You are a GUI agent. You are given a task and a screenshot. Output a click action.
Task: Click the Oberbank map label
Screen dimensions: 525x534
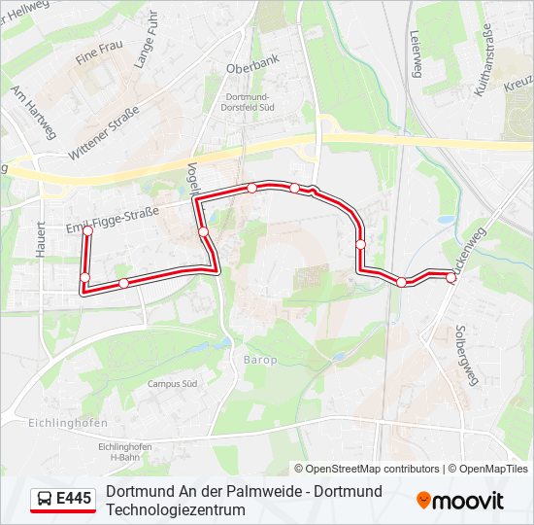point(252,69)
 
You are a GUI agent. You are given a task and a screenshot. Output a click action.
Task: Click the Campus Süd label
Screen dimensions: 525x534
point(173,383)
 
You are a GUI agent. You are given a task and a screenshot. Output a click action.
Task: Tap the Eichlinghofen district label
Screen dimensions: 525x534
point(41,423)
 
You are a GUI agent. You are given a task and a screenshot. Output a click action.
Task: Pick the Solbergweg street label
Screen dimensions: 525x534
point(469,354)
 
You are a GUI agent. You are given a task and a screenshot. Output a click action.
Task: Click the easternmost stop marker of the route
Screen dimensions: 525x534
point(451,277)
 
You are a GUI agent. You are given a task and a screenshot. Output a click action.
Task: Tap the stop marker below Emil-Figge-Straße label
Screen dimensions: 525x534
point(87,231)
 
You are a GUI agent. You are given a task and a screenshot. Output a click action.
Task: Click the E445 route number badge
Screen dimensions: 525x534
point(74,500)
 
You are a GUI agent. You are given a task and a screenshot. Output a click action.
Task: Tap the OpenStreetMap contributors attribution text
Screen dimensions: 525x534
point(373,469)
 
